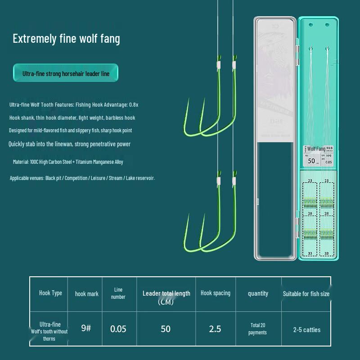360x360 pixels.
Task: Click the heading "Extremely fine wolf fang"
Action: [66, 39]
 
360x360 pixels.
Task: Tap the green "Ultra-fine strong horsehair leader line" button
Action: [66, 73]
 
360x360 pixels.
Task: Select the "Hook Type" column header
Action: [50, 293]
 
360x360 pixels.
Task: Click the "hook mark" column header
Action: [86, 294]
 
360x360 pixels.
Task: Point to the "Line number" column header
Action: [118, 293]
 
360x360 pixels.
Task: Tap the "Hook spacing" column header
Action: [215, 293]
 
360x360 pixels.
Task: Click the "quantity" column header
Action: [258, 293]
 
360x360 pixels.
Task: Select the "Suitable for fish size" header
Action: [306, 294]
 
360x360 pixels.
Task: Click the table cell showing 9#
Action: [86, 328]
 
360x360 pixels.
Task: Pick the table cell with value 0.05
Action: [118, 329]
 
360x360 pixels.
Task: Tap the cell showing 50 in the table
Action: [166, 329]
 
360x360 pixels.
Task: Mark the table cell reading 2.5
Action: [215, 329]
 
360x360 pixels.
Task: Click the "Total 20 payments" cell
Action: [257, 329]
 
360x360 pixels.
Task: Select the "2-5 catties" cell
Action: [306, 330]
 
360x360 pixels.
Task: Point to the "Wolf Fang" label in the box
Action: [316, 148]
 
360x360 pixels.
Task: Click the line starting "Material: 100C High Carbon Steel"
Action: [68, 162]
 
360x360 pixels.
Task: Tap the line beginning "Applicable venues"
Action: [82, 178]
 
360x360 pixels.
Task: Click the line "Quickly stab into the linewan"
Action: [70, 144]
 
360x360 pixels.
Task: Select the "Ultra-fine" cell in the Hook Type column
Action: [50, 331]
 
